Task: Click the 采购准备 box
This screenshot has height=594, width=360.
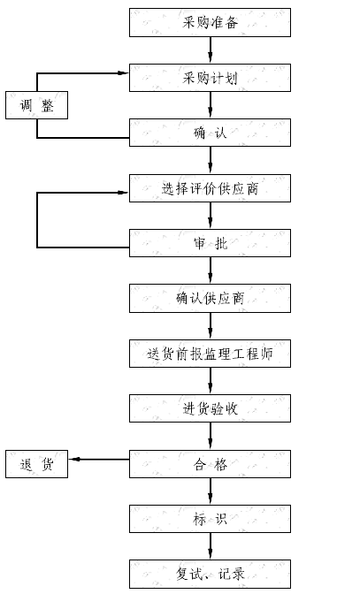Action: (x=210, y=23)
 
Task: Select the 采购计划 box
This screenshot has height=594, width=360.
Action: (x=210, y=78)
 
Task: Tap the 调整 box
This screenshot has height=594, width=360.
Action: (x=37, y=105)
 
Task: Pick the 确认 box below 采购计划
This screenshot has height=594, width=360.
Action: (x=210, y=133)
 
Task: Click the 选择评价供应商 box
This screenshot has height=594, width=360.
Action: (x=210, y=188)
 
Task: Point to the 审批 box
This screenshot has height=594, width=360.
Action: (x=210, y=243)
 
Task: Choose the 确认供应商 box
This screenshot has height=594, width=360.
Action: (x=210, y=299)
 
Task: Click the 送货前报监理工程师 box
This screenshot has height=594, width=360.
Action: (x=210, y=354)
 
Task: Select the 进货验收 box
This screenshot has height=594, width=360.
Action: (x=210, y=408)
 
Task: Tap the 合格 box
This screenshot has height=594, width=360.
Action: (x=210, y=464)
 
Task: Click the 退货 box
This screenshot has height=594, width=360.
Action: (x=37, y=464)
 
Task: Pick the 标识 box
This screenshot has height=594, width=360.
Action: (x=210, y=519)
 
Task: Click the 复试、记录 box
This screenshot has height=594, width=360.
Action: (x=210, y=574)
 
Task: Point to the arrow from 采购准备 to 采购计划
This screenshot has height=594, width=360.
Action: (x=211, y=50)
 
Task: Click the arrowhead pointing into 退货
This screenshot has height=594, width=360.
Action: (x=73, y=460)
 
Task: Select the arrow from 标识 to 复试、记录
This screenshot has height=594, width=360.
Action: (x=211, y=546)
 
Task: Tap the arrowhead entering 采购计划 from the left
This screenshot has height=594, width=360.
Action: (x=124, y=73)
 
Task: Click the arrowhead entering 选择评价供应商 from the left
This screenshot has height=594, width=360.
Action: (x=124, y=193)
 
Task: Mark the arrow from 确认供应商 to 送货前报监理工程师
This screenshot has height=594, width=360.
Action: (x=211, y=326)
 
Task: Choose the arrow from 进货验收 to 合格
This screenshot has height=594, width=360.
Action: (x=211, y=436)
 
